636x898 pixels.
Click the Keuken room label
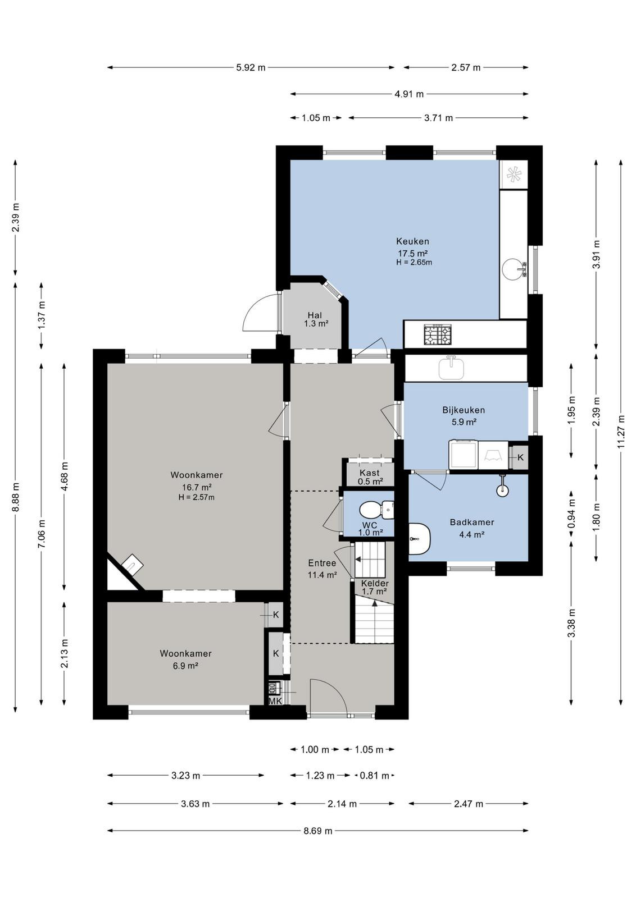tap(412, 241)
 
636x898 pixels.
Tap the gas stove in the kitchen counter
tap(437, 335)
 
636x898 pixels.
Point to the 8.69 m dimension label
tap(318, 831)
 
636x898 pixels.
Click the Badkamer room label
tap(472, 523)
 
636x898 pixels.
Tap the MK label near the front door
tap(275, 701)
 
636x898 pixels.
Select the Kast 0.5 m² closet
tap(370, 477)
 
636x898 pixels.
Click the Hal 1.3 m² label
tap(315, 319)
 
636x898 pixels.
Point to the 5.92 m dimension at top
tap(251, 67)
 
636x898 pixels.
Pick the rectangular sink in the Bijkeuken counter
tap(451, 368)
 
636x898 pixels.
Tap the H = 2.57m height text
tap(196, 497)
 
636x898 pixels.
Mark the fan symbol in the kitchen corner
tap(513, 175)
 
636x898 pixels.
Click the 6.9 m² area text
tap(185, 666)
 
